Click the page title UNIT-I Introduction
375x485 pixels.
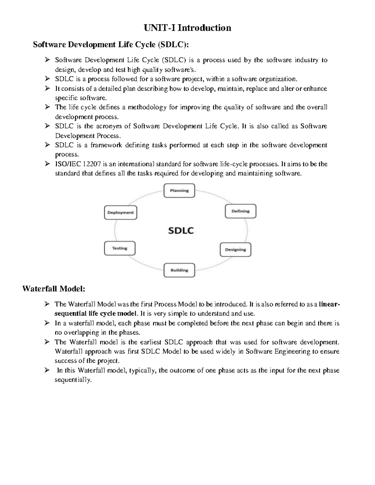point(187,28)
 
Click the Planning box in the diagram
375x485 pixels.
point(179,191)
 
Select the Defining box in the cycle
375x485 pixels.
point(240,211)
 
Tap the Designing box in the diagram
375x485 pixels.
point(235,250)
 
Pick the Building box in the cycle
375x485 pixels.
point(179,270)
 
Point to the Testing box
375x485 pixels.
point(120,248)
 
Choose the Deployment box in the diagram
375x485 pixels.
point(120,212)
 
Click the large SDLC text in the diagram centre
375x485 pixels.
point(181,230)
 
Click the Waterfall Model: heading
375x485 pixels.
point(54,289)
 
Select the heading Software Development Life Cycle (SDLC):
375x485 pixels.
point(111,45)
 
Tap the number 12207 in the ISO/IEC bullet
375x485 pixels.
point(89,164)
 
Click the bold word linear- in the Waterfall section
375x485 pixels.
point(329,304)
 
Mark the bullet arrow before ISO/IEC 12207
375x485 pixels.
point(47,164)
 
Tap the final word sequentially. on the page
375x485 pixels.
point(73,380)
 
